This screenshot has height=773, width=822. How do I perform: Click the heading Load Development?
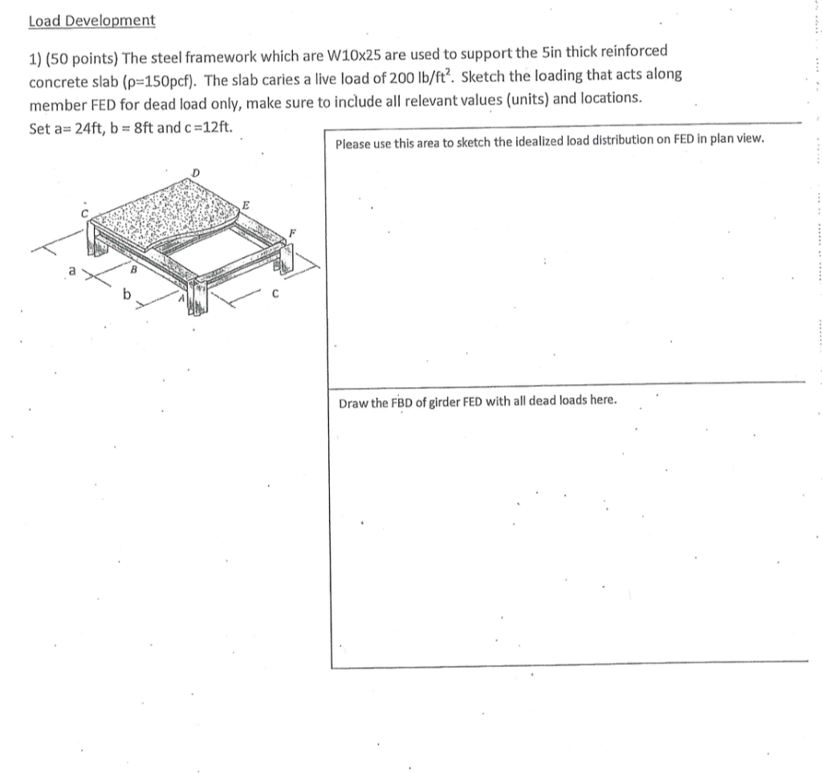click(x=92, y=20)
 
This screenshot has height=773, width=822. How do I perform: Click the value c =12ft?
click(x=206, y=129)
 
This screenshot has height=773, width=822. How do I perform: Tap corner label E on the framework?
click(x=247, y=206)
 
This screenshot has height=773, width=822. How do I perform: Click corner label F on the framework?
click(x=293, y=232)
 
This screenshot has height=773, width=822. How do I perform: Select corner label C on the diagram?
click(x=83, y=213)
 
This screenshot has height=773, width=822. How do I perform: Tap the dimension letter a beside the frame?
click(x=71, y=273)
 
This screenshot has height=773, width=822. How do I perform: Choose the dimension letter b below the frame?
click(x=127, y=296)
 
